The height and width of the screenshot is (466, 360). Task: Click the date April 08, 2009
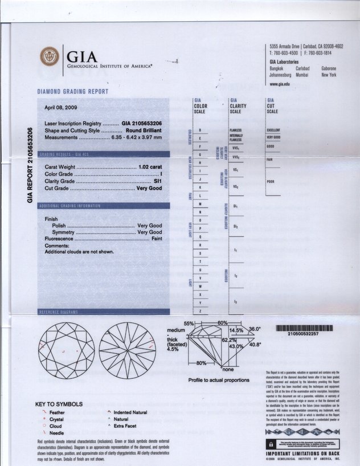[63, 108]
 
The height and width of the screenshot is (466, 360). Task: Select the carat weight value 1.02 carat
[150, 167]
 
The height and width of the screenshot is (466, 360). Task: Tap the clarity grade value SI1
[157, 181]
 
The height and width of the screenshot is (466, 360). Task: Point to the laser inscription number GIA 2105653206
[142, 124]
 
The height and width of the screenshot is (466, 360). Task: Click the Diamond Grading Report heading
[72, 92]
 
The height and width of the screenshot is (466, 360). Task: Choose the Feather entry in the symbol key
[57, 412]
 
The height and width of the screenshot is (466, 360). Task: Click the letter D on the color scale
[200, 130]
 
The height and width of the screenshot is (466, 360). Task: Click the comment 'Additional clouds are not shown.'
[79, 252]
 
